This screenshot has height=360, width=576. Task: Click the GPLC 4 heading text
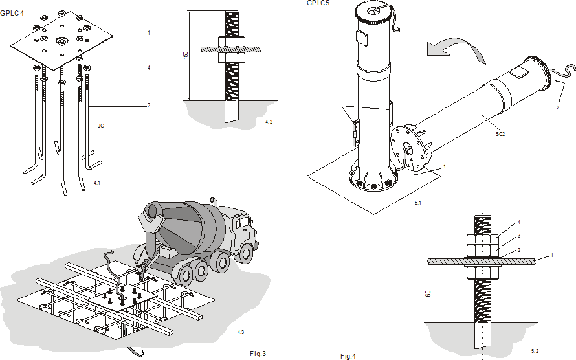click(x=12, y=13)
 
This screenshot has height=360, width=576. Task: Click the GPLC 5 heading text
click(x=318, y=3)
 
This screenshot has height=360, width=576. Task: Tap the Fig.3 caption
click(x=258, y=354)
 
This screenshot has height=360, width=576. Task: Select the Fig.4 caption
click(x=348, y=356)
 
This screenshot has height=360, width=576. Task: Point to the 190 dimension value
click(x=186, y=55)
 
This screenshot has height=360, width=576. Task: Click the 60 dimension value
click(x=428, y=293)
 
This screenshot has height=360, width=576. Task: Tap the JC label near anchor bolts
click(x=101, y=126)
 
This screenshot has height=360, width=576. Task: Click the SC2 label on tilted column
click(x=500, y=134)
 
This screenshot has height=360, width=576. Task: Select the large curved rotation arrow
click(x=456, y=49)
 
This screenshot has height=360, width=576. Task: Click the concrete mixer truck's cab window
click(x=243, y=223)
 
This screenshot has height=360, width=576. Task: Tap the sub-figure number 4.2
click(x=269, y=122)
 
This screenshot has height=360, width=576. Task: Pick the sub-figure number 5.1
click(x=418, y=203)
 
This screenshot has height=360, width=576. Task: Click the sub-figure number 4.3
click(x=241, y=332)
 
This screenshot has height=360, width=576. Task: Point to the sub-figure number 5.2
click(x=535, y=351)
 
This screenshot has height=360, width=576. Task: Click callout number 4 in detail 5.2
click(x=519, y=222)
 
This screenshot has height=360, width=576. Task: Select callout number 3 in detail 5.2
click(x=519, y=236)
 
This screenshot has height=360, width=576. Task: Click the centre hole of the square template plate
click(x=61, y=40)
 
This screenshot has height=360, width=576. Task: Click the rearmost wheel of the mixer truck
click(x=186, y=273)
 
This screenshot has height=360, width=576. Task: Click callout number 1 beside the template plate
click(x=149, y=33)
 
